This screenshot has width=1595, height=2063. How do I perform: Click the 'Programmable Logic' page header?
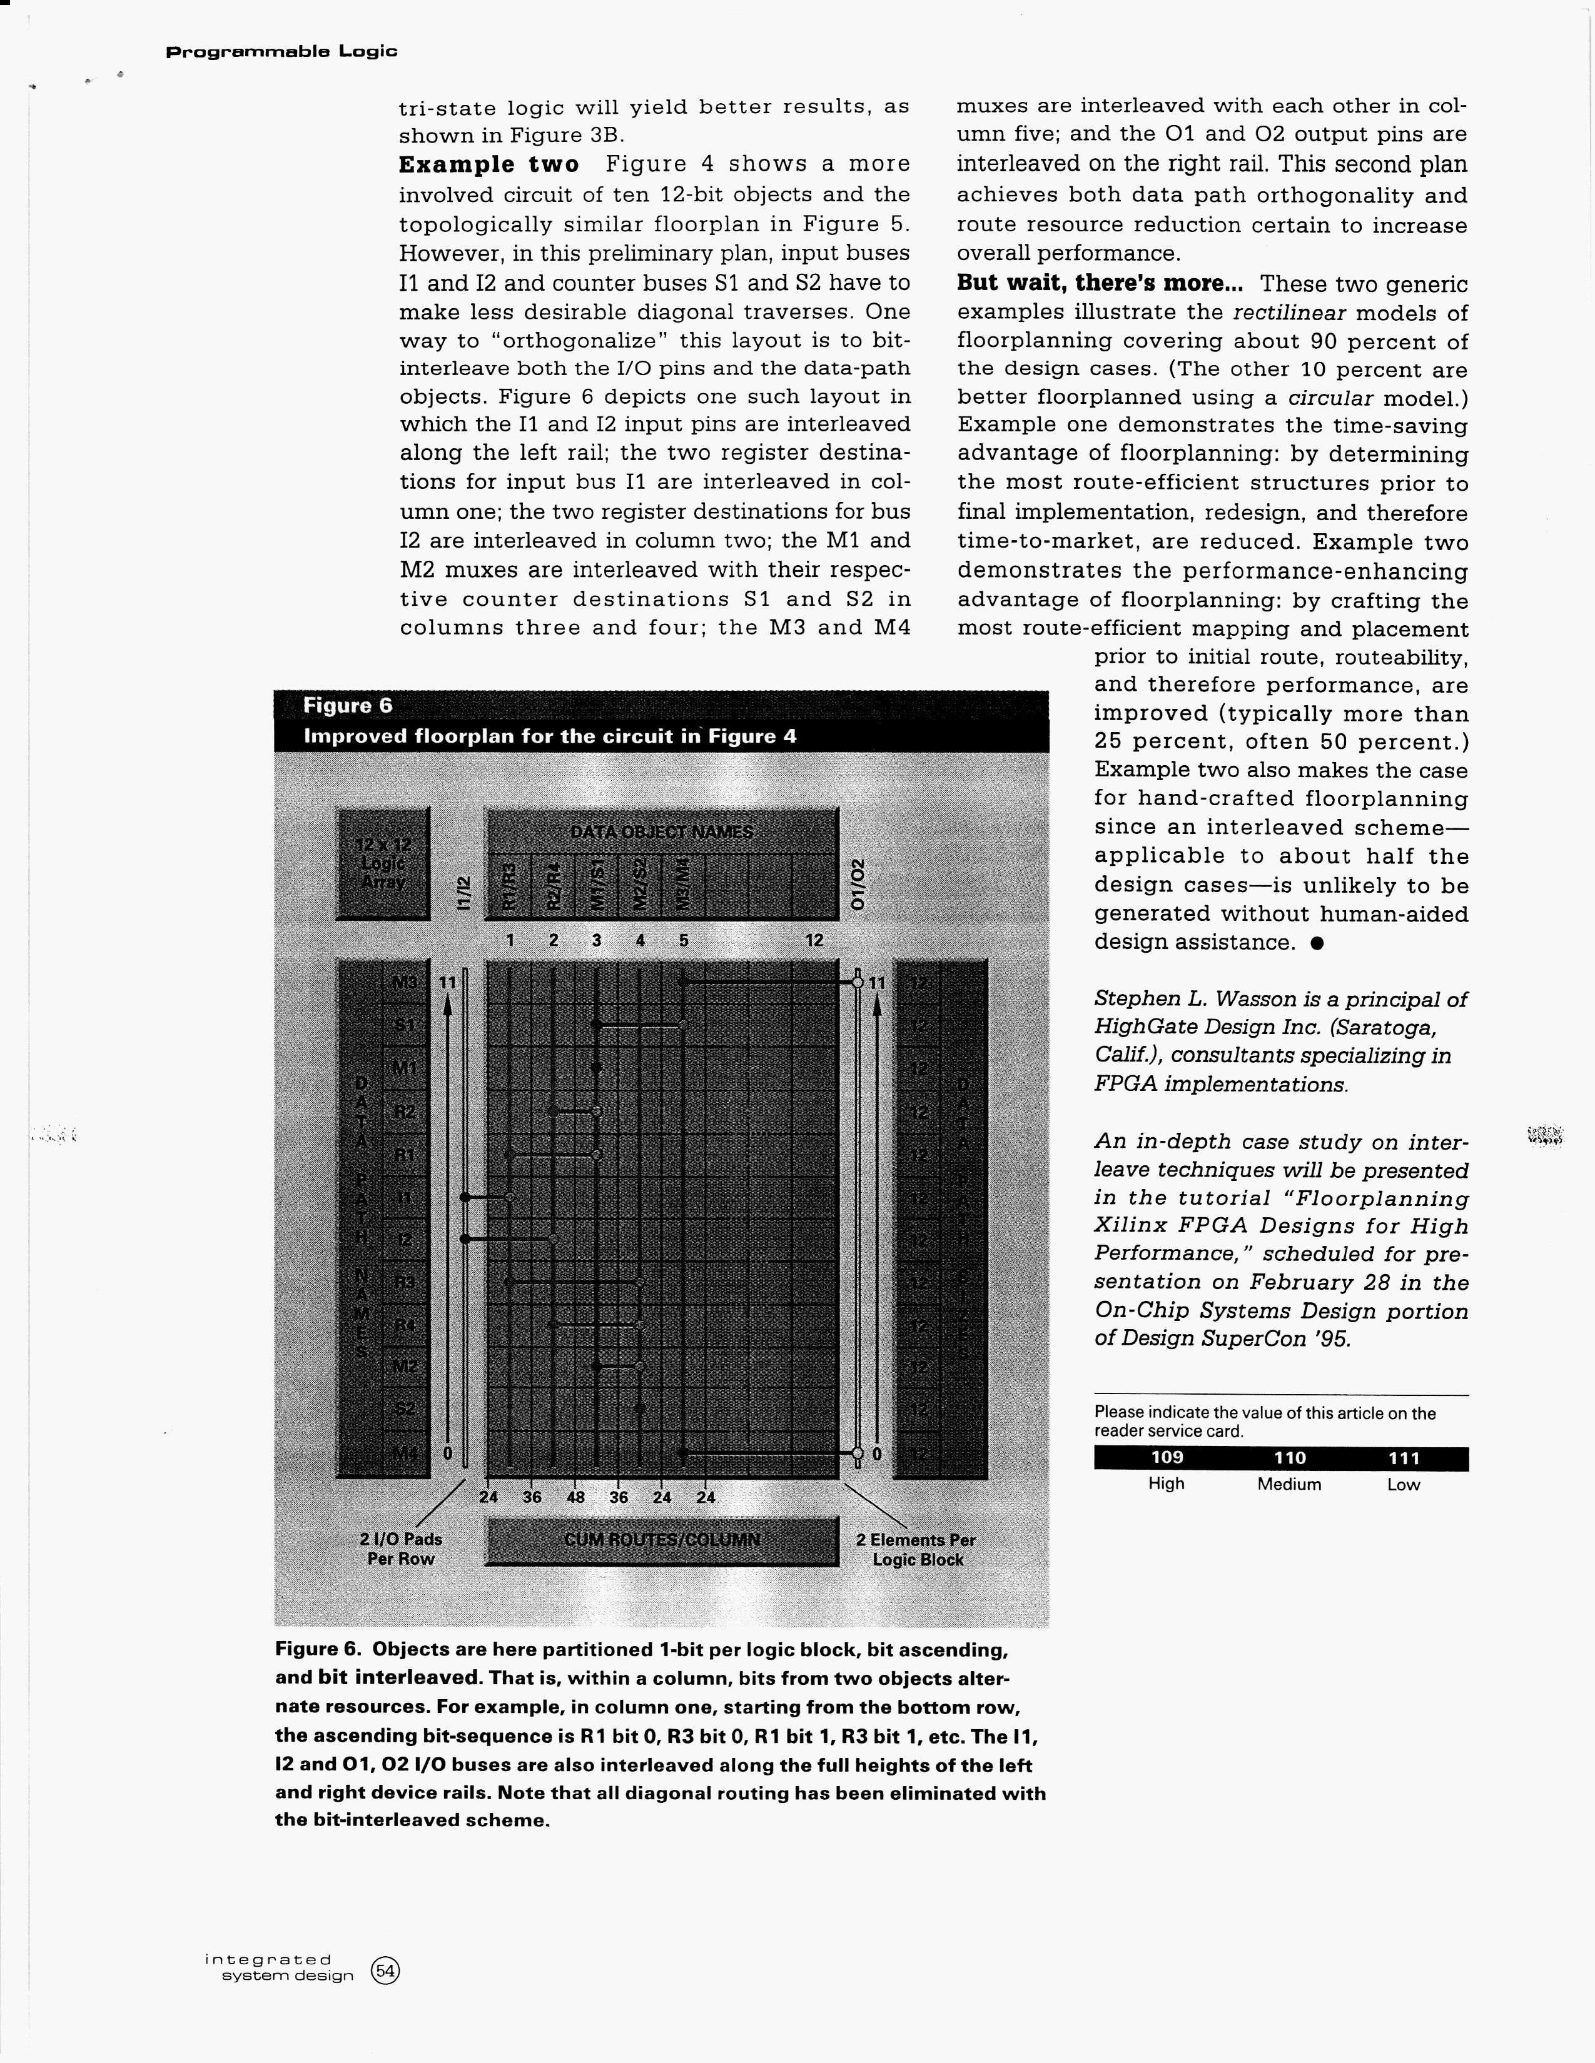(x=281, y=51)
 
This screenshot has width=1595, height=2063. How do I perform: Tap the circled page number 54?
(x=385, y=1970)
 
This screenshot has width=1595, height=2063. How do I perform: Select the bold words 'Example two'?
(x=488, y=164)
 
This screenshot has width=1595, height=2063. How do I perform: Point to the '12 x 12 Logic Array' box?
(x=383, y=863)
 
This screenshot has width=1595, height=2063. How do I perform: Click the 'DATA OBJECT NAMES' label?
(x=661, y=832)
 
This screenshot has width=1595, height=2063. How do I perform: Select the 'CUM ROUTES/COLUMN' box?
(x=661, y=1540)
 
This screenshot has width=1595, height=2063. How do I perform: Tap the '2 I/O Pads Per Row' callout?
(x=401, y=1549)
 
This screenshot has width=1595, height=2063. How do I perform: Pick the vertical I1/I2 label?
(x=463, y=893)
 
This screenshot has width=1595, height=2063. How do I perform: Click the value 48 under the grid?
(x=575, y=1497)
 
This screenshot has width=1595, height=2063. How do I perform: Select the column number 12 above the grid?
(x=814, y=941)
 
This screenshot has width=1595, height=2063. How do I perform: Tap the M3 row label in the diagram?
(x=405, y=982)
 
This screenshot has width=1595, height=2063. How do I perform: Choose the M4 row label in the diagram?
(x=405, y=1453)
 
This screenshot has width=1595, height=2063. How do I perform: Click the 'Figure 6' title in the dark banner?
(x=348, y=706)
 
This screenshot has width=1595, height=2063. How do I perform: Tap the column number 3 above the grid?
(x=596, y=941)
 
